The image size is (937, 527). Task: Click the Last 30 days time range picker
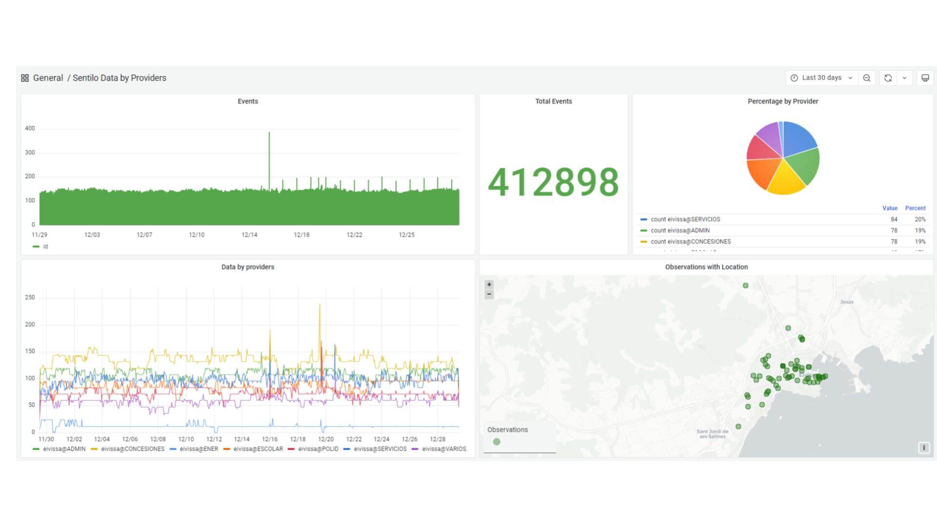(x=822, y=78)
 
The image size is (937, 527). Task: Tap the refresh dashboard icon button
(x=888, y=78)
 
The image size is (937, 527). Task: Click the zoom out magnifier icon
(x=867, y=78)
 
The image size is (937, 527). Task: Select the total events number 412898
(x=553, y=182)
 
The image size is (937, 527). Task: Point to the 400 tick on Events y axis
(x=30, y=128)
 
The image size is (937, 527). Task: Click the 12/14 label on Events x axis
(x=249, y=235)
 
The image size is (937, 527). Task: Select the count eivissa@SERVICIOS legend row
(x=685, y=220)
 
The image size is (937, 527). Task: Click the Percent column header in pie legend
(x=915, y=208)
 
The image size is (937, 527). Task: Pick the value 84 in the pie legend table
(x=894, y=220)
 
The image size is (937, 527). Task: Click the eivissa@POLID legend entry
(x=318, y=449)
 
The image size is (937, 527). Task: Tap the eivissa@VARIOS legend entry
(x=444, y=449)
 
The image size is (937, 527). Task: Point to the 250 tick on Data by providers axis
(x=30, y=297)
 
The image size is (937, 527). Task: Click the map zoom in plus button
(x=489, y=284)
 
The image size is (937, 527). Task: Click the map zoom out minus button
(x=489, y=294)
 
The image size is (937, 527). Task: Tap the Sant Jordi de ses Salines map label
(x=713, y=434)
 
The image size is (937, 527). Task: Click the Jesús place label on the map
(x=847, y=302)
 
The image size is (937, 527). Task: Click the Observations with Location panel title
(x=706, y=267)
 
